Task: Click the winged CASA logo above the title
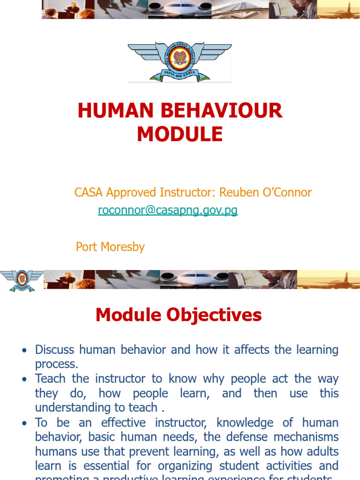coord(180,61)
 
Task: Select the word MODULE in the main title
coord(180,135)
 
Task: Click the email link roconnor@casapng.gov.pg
coord(168,210)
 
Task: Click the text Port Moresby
coord(110,247)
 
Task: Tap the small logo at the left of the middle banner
coord(22,280)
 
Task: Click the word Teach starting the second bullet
coord(50,379)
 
